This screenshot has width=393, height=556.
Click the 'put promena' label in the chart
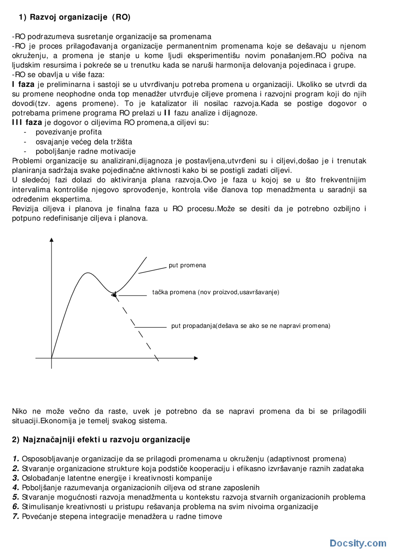pos(187,265)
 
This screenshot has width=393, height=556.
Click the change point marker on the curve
pos(114,295)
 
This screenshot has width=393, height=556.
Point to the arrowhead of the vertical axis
pos(52,240)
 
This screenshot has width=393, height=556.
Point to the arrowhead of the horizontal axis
pos(196,358)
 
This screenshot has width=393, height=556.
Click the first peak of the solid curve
pos(88,273)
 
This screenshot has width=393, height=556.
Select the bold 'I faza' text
pos(23,84)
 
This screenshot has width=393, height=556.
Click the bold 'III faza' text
pos(27,122)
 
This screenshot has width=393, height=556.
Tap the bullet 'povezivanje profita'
pos(68,132)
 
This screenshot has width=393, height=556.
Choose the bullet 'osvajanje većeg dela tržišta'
pos(84,142)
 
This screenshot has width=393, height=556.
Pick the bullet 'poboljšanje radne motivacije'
pos(85,151)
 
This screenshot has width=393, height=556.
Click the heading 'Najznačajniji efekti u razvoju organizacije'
pos(106,440)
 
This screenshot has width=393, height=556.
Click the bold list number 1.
pos(16,459)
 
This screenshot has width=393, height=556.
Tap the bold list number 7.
pos(16,516)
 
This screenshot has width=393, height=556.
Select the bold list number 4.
pos(16,488)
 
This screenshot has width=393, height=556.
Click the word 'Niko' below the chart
pos(19,411)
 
